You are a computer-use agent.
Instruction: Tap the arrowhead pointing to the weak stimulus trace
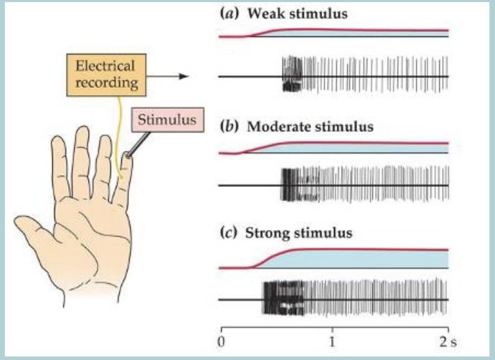point(185,76)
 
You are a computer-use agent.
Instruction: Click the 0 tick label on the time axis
point(221,343)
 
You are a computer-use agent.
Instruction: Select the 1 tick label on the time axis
point(333,343)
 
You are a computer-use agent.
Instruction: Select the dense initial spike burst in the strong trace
point(282,298)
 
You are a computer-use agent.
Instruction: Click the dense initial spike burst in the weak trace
point(292,75)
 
